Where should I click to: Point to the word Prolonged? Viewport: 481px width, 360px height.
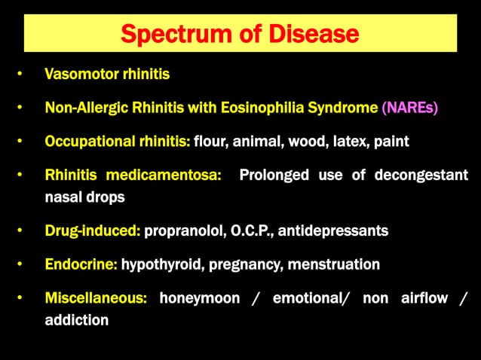(274, 175)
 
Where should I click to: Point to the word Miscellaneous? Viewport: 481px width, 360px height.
(96, 298)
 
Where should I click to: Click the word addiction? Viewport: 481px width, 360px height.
(76, 320)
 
